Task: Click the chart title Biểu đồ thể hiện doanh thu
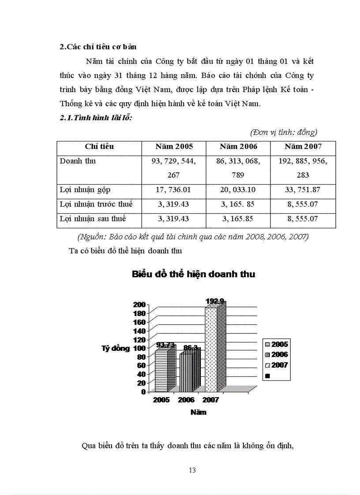193,274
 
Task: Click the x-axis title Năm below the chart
198,413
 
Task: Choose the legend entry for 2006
277,354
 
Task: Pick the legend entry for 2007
277,365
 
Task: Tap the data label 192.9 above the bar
215,301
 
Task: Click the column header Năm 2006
239,146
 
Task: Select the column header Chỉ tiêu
99,146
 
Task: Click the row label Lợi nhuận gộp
85,190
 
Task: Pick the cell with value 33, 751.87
303,190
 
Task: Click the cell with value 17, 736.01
174,190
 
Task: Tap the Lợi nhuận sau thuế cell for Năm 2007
303,219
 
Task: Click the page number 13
192,470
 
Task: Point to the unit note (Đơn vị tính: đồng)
284,132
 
